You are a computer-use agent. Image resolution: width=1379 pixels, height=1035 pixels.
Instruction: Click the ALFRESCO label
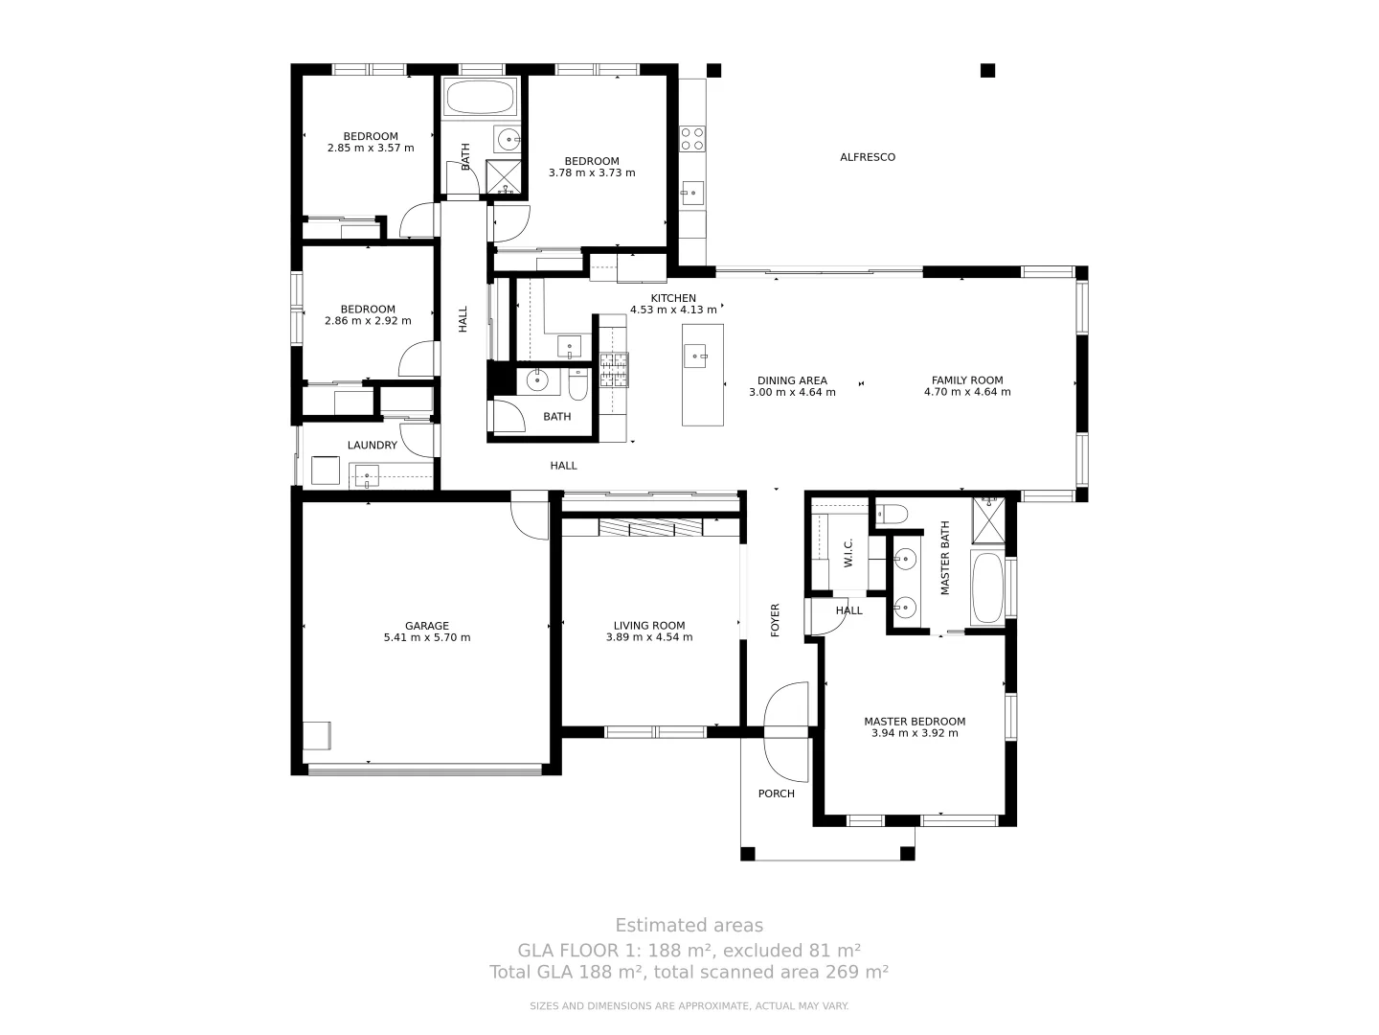867,157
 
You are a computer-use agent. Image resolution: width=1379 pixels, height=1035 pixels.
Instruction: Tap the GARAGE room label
426,626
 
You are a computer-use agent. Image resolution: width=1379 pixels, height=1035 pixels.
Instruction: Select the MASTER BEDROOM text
915,722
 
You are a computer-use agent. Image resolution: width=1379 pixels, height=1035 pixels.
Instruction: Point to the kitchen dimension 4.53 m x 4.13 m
673,310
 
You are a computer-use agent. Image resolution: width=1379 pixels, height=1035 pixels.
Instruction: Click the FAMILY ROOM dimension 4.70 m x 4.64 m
967,392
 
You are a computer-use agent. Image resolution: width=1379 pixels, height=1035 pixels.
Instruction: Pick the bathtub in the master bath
987,586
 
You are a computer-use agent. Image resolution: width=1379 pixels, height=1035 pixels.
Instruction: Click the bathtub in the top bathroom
480,97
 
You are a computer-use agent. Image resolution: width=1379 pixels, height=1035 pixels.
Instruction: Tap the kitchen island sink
695,356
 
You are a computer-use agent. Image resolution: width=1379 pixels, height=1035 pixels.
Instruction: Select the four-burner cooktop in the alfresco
692,139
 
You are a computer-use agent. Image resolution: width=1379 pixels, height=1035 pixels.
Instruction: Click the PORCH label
776,793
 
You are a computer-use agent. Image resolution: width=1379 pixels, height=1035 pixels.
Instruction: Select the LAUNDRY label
372,446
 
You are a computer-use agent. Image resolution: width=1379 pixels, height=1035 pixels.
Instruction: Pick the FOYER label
776,620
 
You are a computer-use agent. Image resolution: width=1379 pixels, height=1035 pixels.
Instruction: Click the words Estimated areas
689,925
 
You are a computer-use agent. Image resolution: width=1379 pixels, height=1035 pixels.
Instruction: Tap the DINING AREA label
792,380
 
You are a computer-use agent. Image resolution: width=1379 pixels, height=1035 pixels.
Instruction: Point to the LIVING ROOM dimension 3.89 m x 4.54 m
649,637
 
